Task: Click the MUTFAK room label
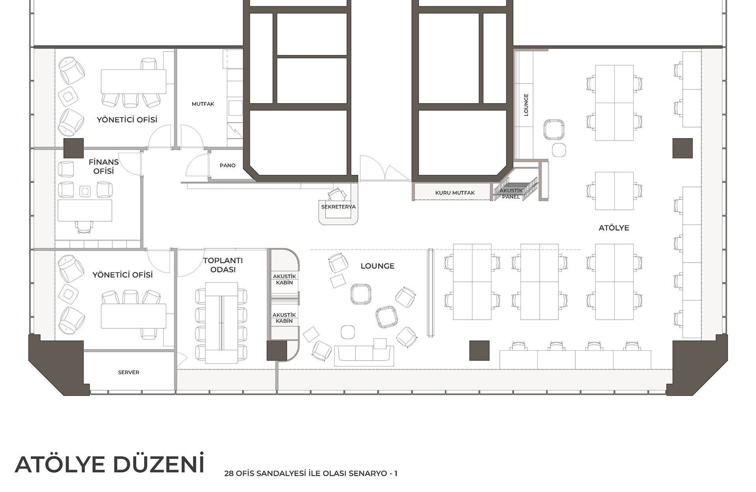[203, 104]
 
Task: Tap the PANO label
[228, 165]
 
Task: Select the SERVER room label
[128, 372]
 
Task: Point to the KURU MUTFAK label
[455, 193]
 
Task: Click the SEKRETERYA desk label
[338, 207]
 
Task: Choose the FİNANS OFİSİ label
[104, 166]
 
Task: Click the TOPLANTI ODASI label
[223, 265]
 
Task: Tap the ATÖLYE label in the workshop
[614, 228]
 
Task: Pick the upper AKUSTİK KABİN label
[285, 279]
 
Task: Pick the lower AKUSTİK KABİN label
[284, 318]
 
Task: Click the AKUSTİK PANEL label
[511, 194]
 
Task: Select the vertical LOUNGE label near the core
[526, 105]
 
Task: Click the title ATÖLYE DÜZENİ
[110, 464]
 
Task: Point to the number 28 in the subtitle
[229, 474]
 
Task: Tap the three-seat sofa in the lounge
[364, 355]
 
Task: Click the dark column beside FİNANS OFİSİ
[74, 148]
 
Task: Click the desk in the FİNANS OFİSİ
[85, 211]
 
